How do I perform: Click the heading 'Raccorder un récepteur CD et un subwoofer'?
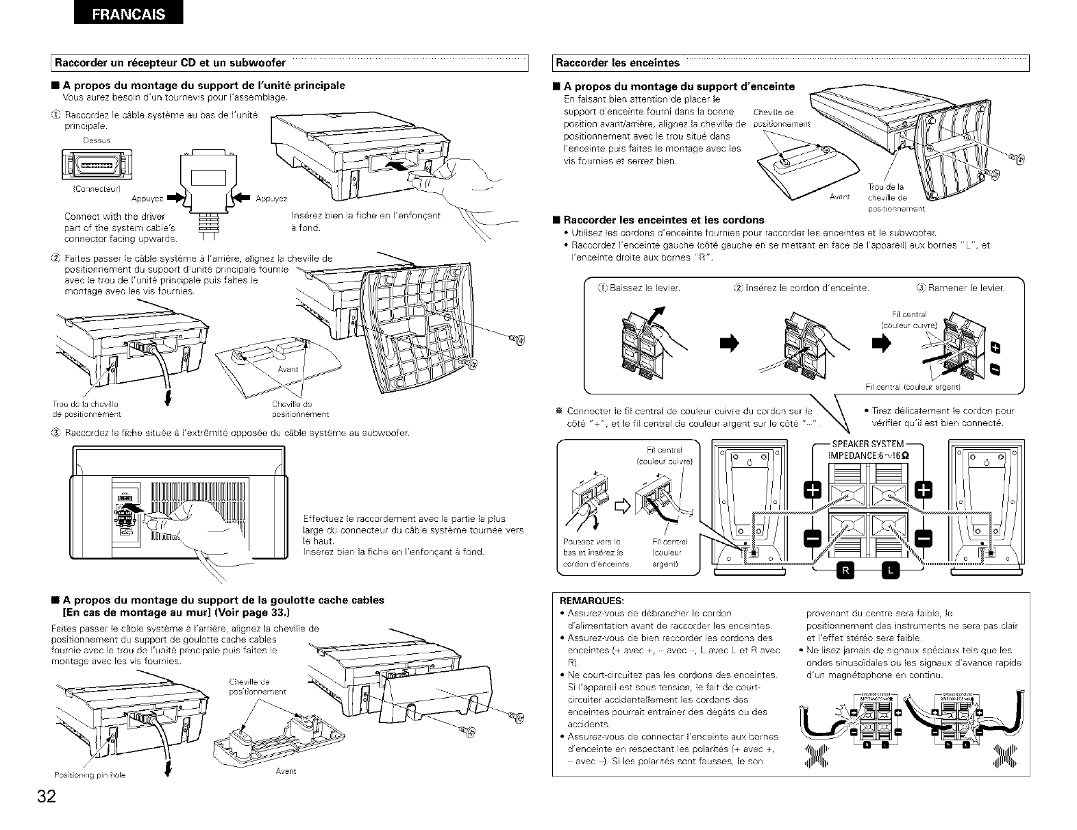pyautogui.click(x=171, y=64)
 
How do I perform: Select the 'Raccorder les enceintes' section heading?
pyautogui.click(x=617, y=64)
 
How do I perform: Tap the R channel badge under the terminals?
pyautogui.click(x=843, y=568)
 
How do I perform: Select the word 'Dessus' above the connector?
pyautogui.click(x=96, y=140)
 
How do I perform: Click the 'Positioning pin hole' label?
pyautogui.click(x=90, y=775)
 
